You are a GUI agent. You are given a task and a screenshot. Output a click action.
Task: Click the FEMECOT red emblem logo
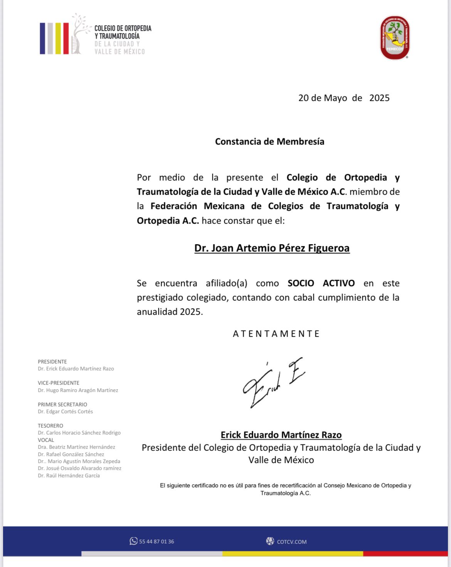(x=394, y=37)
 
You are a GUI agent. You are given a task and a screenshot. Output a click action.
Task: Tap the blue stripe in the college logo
(x=42, y=38)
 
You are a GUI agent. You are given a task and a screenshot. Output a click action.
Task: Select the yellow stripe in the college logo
(x=58, y=38)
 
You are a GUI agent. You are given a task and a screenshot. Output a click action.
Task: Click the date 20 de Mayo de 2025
(x=344, y=98)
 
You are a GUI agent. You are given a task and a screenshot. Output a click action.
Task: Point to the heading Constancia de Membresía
(x=269, y=142)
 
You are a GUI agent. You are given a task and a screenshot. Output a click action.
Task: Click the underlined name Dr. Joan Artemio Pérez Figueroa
(x=272, y=248)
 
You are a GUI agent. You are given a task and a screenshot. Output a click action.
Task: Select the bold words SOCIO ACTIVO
(x=321, y=283)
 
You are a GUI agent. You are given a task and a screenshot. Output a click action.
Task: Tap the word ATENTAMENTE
(x=276, y=333)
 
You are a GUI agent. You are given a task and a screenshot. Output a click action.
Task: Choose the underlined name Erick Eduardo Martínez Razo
(x=281, y=435)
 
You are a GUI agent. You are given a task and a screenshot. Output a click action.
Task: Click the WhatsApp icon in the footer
(x=133, y=541)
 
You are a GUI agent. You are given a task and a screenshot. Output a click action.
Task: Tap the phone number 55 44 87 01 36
(x=157, y=542)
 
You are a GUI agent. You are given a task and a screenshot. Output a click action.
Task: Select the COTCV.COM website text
(x=292, y=542)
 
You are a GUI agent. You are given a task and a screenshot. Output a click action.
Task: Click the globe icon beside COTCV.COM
(x=270, y=541)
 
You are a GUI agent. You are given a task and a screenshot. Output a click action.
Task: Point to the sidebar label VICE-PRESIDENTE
(x=59, y=383)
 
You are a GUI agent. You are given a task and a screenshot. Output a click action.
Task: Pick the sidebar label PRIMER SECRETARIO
(x=62, y=405)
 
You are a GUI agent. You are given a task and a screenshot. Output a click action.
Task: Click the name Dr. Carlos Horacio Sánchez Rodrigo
(x=79, y=433)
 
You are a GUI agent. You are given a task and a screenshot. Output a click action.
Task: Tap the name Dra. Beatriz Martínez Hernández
(x=76, y=447)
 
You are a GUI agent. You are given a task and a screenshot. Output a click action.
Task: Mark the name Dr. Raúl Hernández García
(x=69, y=476)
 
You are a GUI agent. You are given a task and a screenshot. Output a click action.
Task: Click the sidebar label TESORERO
(x=50, y=426)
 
